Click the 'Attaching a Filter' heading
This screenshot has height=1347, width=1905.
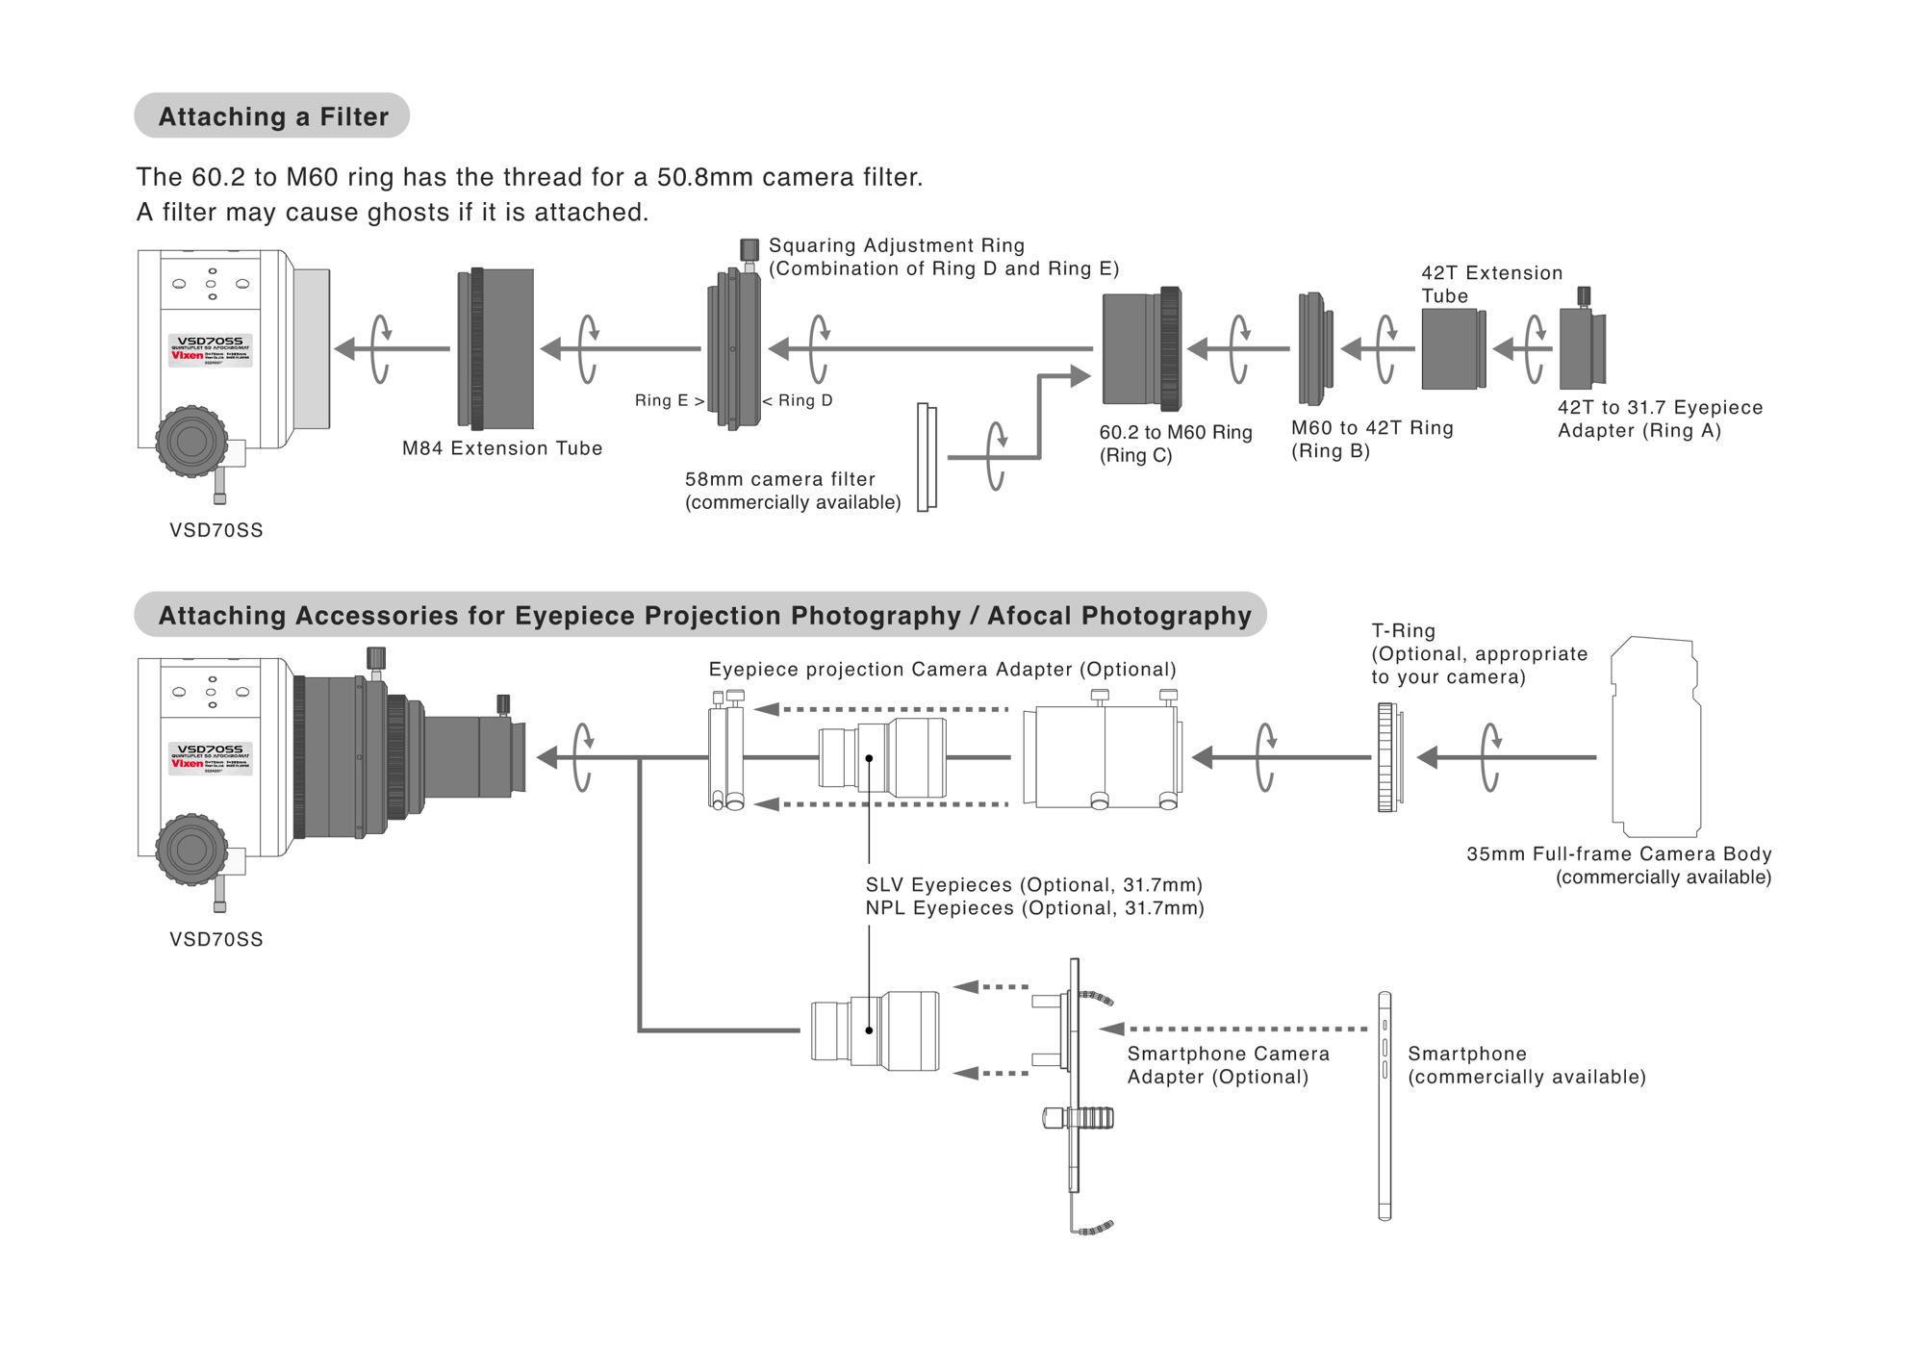273,116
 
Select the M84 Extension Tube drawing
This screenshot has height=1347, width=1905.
495,349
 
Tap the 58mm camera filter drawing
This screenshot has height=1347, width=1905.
927,458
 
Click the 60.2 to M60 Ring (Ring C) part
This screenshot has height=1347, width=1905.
1141,349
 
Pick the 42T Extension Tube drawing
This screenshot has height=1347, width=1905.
1453,349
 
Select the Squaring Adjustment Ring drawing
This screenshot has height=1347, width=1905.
734,349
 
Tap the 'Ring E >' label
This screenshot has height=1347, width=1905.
669,400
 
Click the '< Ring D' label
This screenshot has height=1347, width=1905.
798,400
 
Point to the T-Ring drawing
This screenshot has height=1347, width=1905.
1387,757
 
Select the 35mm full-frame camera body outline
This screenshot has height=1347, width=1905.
1655,737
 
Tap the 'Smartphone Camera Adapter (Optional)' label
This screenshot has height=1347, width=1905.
1228,1065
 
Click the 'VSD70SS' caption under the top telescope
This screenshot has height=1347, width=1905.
216,530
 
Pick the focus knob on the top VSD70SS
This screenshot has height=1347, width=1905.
191,442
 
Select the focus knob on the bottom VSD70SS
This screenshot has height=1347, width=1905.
191,850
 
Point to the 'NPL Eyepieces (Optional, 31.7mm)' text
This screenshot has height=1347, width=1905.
1034,908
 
